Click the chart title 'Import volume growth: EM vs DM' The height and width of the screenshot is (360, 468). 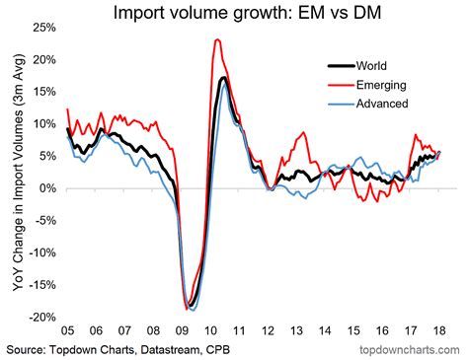[234, 13]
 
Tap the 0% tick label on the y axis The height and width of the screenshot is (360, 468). [45, 188]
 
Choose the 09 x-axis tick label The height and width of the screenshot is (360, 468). [184, 332]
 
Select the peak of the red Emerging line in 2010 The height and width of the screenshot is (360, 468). [216, 40]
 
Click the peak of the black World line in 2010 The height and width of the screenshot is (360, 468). [224, 78]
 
